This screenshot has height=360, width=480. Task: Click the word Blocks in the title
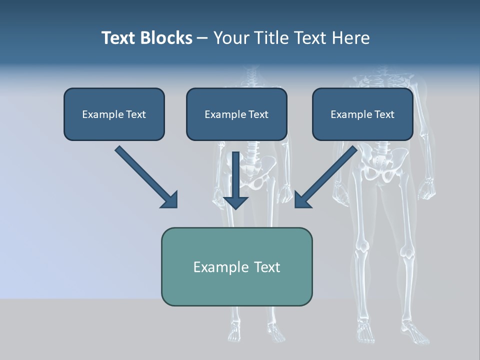[x=166, y=37]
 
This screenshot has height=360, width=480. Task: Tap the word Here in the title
[x=351, y=37]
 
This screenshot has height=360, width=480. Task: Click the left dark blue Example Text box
[x=114, y=114]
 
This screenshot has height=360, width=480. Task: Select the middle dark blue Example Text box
[x=236, y=114]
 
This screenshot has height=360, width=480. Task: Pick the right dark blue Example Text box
[x=363, y=114]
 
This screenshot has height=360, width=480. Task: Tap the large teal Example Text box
[x=237, y=266]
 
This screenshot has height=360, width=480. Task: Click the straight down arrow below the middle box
[x=235, y=180]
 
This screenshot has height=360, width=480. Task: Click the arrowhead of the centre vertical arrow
[x=235, y=202]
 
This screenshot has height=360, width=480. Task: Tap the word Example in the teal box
[x=218, y=267]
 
